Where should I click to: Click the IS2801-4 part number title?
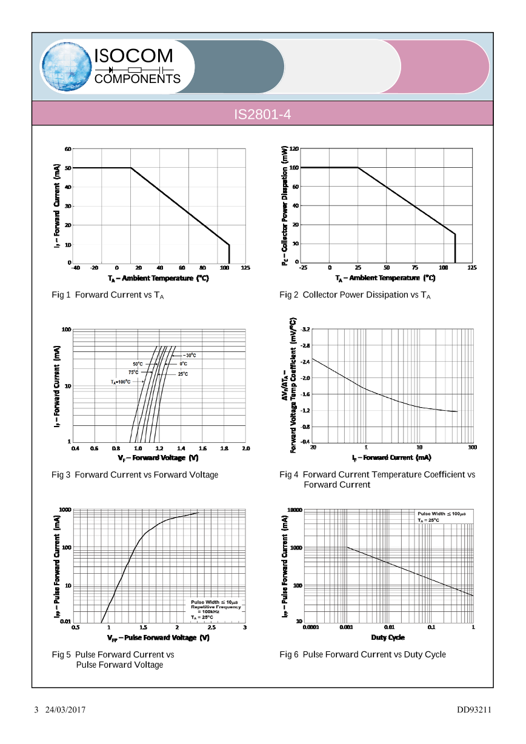262,114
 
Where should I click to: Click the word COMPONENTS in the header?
138,79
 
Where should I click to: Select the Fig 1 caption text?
108,295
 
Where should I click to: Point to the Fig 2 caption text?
355,295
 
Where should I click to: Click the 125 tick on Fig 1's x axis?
245,267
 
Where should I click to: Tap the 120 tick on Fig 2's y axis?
295,148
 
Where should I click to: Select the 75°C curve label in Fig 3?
133,373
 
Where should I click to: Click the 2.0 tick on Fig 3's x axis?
246,448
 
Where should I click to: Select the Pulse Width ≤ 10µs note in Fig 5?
215,602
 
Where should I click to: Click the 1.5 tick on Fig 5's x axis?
143,628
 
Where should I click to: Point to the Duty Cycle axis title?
388,637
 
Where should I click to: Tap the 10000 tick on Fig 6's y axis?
295,510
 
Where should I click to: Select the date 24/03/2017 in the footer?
64,709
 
